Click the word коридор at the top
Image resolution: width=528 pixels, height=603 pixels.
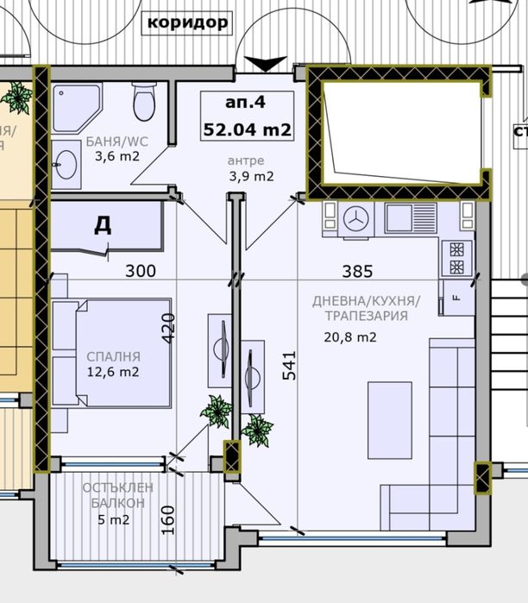point(187,22)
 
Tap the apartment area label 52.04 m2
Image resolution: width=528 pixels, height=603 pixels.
point(245,130)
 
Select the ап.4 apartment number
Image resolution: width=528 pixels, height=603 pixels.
point(245,102)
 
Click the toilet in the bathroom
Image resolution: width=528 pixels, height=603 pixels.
point(144,103)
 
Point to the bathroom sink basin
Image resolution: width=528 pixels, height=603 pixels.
point(66,166)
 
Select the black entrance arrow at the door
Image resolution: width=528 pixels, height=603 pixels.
point(266,63)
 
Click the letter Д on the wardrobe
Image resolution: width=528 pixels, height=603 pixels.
point(102,226)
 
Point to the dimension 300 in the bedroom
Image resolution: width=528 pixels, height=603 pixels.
point(140,271)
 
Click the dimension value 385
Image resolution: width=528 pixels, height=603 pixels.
point(356,271)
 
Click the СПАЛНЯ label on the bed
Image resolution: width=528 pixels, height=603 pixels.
point(113,355)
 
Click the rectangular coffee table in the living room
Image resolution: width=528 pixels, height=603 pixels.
point(383,411)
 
